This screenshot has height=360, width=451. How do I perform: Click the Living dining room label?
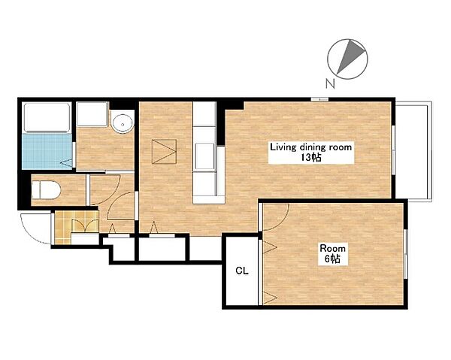[310, 147]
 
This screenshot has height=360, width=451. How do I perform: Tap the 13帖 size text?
[311, 158]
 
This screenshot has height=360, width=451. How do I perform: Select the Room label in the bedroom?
[333, 248]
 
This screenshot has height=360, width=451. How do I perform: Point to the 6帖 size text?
[333, 259]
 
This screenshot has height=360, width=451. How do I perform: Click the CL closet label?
[241, 271]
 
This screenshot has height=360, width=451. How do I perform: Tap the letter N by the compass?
[331, 83]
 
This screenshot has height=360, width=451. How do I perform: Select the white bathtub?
[47, 117]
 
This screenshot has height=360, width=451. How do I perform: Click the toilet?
[45, 190]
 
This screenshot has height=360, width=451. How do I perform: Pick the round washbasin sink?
[123, 124]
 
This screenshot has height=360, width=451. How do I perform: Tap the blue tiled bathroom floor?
[47, 152]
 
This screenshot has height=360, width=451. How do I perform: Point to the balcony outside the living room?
[413, 151]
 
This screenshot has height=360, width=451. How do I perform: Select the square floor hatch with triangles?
[164, 152]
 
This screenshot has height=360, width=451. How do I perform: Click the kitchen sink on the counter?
[204, 156]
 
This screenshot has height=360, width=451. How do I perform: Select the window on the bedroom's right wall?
[406, 253]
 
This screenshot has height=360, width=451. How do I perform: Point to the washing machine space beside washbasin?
[92, 114]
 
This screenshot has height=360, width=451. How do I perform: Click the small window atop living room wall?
[319, 99]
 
